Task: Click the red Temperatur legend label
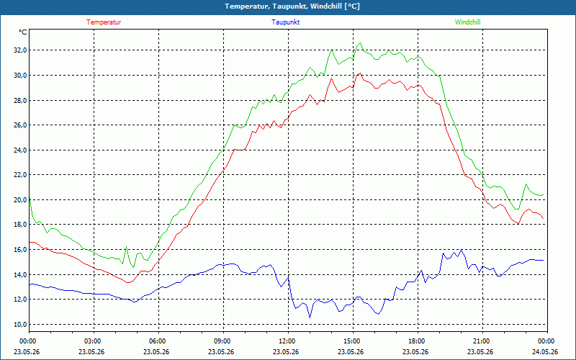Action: click(104, 22)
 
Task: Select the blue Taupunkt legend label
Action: click(285, 22)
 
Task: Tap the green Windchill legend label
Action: click(467, 22)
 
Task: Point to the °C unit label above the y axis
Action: click(23, 32)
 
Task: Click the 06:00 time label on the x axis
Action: click(158, 341)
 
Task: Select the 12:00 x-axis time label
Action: click(289, 341)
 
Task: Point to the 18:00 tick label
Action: click(418, 341)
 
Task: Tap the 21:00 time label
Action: click(482, 341)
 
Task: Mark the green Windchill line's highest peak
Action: click(360, 43)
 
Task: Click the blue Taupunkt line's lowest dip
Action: click(310, 318)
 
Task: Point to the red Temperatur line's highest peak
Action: click(360, 73)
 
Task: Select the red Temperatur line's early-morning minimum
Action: click(127, 282)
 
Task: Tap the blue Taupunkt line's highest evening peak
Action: click(461, 250)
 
